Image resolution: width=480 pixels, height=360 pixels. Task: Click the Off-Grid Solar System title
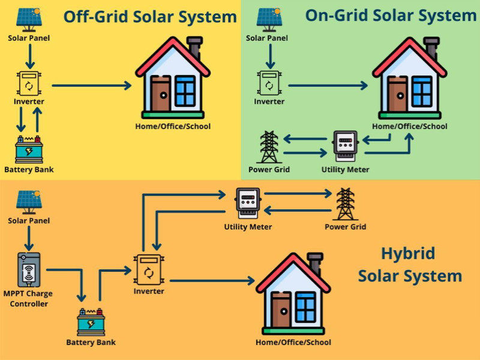[x=149, y=17]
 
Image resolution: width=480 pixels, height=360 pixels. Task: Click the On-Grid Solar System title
[x=390, y=16]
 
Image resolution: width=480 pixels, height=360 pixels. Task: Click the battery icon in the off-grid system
[x=29, y=149]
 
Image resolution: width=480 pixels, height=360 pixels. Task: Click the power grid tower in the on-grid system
[x=268, y=146]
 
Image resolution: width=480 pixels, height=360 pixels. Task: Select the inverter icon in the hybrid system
[x=148, y=270]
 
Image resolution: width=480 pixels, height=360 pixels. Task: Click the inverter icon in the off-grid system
[x=29, y=84]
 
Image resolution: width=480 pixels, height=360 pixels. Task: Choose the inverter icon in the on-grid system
[x=268, y=84]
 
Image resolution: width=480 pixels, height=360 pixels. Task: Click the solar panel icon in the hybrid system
[x=29, y=201]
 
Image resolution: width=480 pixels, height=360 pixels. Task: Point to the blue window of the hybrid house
[x=305, y=307]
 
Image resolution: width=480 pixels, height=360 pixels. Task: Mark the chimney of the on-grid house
[x=431, y=47]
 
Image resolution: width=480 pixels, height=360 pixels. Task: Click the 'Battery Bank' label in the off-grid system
[x=29, y=169]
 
